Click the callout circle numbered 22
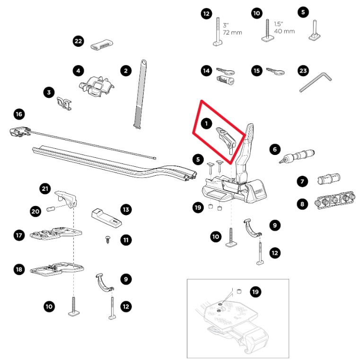[x=79, y=42]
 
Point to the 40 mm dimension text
[x=284, y=31]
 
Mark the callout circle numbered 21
[x=45, y=189]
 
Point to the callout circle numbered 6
[x=274, y=149]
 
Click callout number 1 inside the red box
[x=206, y=123]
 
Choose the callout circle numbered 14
[x=206, y=71]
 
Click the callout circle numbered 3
[x=49, y=92]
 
